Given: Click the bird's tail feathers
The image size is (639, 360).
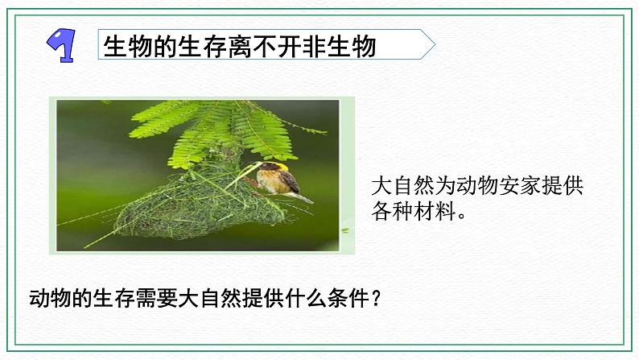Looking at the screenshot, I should (303, 197).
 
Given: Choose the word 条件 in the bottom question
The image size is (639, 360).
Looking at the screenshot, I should (340, 299).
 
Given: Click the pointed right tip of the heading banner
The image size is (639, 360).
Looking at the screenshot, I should (432, 43).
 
